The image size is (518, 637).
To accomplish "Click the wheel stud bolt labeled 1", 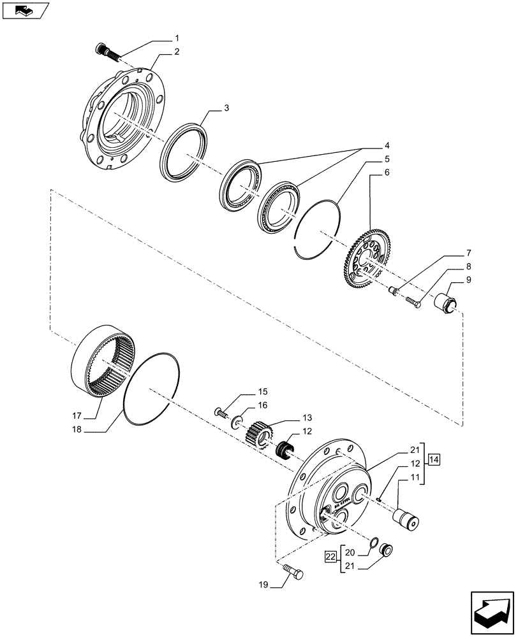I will [x=106, y=51].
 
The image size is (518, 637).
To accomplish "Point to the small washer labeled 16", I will [x=237, y=420].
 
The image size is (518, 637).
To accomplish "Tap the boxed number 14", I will [x=434, y=459].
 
